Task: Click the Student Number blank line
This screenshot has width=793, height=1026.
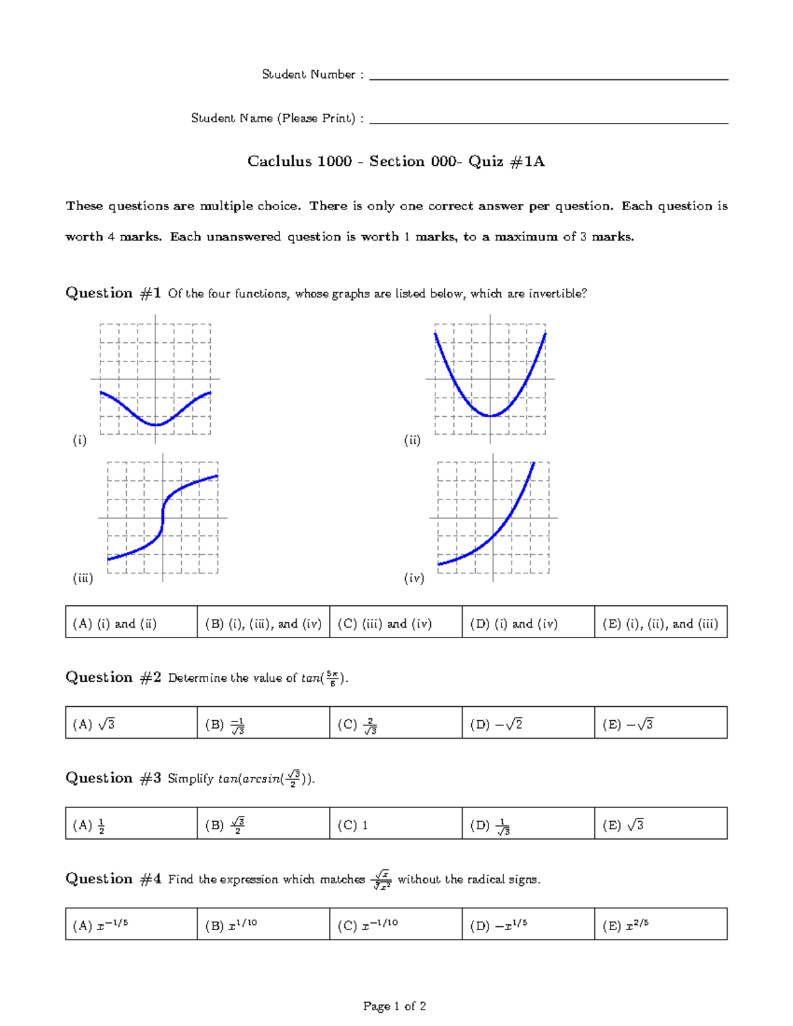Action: coord(548,79)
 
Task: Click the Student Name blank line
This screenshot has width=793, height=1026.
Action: coord(548,122)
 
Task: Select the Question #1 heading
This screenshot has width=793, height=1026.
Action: coord(113,293)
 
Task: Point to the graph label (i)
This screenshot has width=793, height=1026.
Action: coord(80,440)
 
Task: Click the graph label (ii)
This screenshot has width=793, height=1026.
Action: coord(412,440)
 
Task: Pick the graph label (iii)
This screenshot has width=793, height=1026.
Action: coord(83,578)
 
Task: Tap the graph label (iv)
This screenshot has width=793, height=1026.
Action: coord(414,578)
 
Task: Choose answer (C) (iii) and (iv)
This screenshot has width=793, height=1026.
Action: coord(385,624)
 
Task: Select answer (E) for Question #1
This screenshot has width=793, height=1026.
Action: coord(660,624)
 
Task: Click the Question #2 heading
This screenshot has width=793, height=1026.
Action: coord(113,678)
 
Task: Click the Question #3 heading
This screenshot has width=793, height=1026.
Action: coord(113,778)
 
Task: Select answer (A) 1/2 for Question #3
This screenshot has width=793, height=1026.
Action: coord(89,825)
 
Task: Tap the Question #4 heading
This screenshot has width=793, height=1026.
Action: coord(113,879)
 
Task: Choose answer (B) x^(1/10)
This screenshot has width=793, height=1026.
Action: coord(231,926)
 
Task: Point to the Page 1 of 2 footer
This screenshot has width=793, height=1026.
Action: coord(395,1006)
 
